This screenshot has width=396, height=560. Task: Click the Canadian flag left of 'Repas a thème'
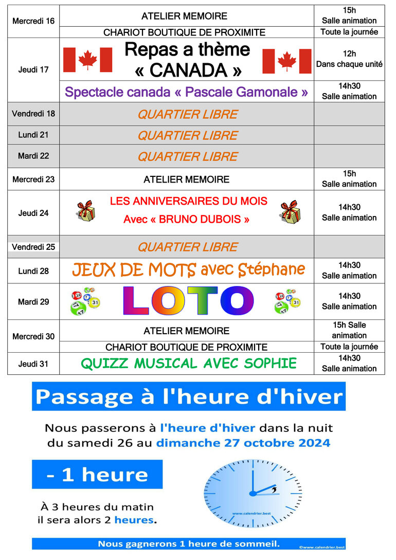(x=87, y=60)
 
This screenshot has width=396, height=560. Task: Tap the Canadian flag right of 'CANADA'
(x=287, y=61)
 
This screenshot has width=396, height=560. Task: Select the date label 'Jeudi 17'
(x=33, y=69)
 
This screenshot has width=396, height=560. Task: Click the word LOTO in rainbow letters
(x=188, y=301)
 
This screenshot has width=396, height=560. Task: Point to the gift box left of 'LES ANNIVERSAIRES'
(x=85, y=211)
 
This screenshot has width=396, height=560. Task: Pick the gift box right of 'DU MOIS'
(x=291, y=212)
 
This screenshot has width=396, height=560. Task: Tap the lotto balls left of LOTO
(x=85, y=301)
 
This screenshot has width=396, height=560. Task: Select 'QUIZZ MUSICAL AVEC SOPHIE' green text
(x=188, y=364)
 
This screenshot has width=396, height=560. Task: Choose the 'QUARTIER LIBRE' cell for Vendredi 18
(x=187, y=114)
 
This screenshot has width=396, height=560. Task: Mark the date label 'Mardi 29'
(x=33, y=302)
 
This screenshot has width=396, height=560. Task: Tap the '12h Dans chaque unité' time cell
(x=349, y=59)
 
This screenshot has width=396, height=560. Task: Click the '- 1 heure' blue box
(x=97, y=474)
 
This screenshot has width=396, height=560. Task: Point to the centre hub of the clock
(x=253, y=494)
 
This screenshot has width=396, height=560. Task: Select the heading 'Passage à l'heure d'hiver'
(x=188, y=396)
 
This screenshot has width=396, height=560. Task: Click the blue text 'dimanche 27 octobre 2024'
(x=243, y=443)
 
